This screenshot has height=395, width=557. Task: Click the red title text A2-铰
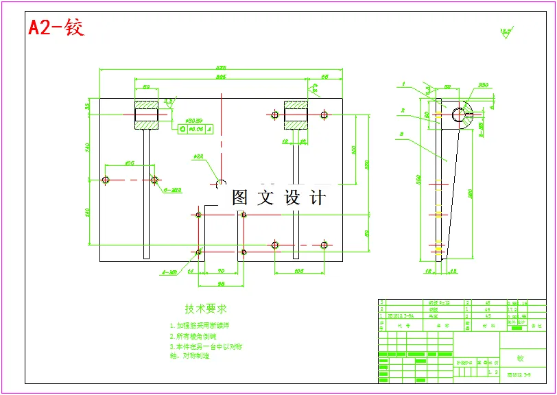pyautogui.click(x=56, y=28)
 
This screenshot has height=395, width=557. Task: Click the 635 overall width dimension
pyautogui.click(x=221, y=68)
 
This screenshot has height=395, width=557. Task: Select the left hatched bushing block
pyautogui.click(x=146, y=115)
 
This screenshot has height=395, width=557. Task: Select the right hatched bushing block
pyautogui.click(x=296, y=115)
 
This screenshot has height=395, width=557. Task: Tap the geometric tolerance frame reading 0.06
pyautogui.click(x=196, y=128)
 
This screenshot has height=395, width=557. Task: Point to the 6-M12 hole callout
pyautogui.click(x=171, y=190)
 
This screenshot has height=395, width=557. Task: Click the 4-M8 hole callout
pyautogui.click(x=169, y=272)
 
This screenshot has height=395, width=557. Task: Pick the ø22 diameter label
pyautogui.click(x=198, y=157)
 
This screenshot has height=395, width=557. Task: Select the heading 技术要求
pyautogui.click(x=206, y=309)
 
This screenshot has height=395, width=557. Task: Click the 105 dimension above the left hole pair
pyautogui.click(x=129, y=163)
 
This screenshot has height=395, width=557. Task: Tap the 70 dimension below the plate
pyautogui.click(x=221, y=272)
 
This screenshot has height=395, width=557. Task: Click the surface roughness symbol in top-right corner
pyautogui.click(x=506, y=32)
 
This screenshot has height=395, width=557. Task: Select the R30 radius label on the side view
pyautogui.click(x=483, y=86)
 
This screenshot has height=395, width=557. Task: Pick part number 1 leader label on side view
pyautogui.click(x=404, y=84)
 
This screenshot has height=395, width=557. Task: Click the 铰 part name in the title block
pyautogui.click(x=520, y=358)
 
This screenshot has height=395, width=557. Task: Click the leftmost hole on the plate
pyautogui.click(x=105, y=180)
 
